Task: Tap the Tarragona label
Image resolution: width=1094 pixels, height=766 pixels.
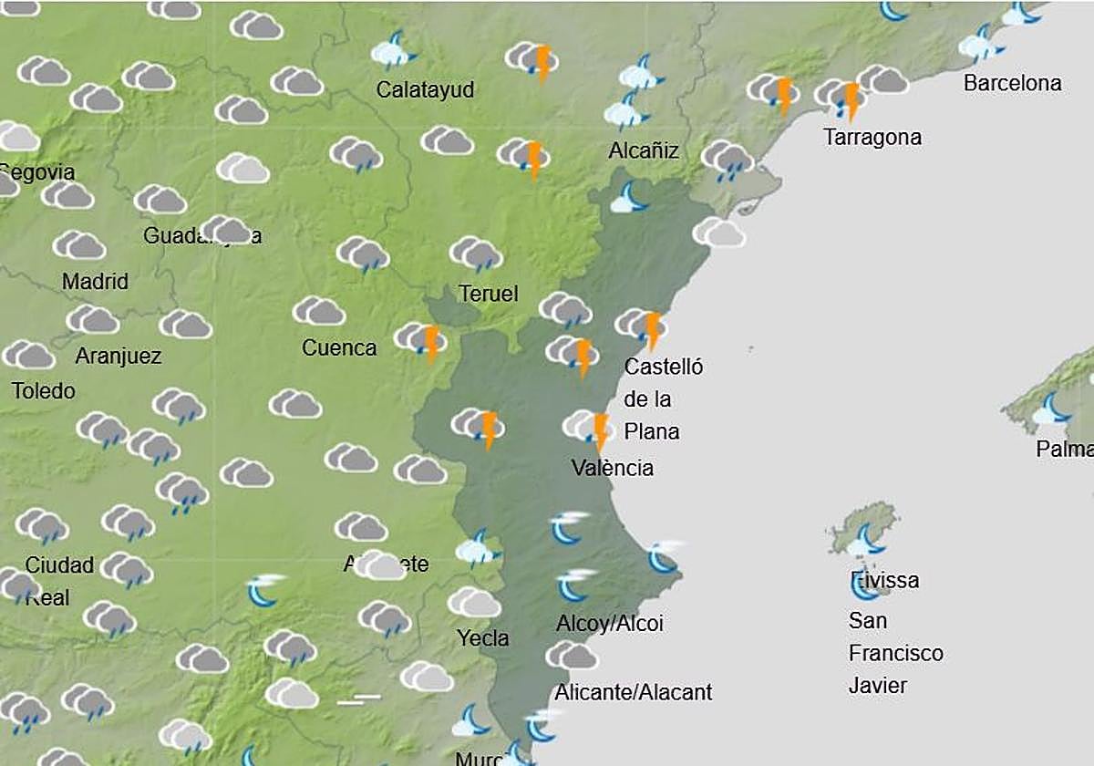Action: click(872, 138)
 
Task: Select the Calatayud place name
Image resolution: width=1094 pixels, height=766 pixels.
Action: click(425, 90)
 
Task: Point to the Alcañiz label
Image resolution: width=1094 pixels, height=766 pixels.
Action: click(644, 150)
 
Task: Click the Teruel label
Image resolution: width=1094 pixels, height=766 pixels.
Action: click(489, 294)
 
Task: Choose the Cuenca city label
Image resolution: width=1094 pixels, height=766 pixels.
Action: click(339, 347)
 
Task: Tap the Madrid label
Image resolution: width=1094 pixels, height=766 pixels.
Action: click(95, 282)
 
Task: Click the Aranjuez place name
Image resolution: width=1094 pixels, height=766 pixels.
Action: click(118, 356)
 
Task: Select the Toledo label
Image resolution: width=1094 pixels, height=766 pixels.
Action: click(43, 391)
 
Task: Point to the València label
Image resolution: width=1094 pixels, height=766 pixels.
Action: click(613, 468)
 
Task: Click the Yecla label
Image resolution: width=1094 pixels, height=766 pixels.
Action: click(483, 638)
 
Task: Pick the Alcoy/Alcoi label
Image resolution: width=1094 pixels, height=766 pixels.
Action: click(610, 624)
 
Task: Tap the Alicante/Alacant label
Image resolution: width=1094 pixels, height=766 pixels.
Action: click(633, 692)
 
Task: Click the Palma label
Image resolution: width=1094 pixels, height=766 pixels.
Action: click(1064, 450)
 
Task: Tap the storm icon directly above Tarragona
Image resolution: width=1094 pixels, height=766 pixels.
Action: click(841, 96)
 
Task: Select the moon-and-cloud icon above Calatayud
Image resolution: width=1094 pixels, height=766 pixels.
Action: click(394, 51)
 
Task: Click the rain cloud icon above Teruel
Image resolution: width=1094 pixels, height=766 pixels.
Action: click(476, 254)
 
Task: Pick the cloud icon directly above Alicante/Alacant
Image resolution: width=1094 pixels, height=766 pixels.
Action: click(572, 655)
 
